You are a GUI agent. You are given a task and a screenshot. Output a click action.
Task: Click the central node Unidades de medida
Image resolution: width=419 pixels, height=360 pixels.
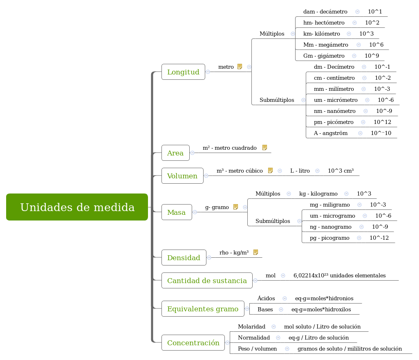point(77,207)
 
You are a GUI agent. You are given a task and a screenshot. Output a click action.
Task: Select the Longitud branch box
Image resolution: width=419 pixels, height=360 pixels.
point(183,72)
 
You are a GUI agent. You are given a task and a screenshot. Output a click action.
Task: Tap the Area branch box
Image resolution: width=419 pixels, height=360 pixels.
point(175,153)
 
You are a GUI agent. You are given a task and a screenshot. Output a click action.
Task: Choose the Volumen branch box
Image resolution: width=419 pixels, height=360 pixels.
point(182,176)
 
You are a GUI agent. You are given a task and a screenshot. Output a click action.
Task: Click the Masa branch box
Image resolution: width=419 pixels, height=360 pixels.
point(177,212)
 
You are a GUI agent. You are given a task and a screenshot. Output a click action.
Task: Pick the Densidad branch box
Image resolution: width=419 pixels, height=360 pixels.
point(184,258)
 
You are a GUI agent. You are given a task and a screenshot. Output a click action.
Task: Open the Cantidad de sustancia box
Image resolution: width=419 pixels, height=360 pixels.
point(207,281)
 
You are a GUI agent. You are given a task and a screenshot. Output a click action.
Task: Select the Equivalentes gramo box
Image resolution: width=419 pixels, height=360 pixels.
point(203,309)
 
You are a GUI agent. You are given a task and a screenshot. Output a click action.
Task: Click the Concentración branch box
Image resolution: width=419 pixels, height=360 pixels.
point(193,343)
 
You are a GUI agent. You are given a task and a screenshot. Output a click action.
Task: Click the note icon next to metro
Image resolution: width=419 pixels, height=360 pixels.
point(240,67)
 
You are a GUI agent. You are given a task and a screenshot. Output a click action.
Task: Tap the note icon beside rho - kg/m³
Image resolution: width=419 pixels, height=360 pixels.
point(255,252)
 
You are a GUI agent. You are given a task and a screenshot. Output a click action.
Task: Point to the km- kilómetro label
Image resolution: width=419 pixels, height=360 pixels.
point(321,34)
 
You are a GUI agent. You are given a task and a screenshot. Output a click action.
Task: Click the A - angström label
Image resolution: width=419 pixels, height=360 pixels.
point(330,133)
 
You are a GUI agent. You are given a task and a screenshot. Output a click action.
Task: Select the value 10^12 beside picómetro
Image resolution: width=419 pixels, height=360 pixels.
point(382,122)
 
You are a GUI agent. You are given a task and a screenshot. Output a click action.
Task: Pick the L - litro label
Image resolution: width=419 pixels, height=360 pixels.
point(300,171)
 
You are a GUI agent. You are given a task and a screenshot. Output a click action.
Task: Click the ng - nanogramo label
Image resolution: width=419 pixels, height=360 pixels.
point(330,227)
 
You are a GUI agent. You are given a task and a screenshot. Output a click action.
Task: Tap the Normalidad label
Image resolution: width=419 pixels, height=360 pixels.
point(253,337)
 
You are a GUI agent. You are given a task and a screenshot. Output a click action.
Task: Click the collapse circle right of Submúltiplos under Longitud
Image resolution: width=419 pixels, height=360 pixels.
point(303,100)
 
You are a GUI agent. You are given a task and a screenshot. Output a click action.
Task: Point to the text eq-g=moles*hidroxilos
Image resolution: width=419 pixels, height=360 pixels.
point(321,309)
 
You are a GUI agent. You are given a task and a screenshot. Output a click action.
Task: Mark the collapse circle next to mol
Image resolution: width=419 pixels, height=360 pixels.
point(283,276)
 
